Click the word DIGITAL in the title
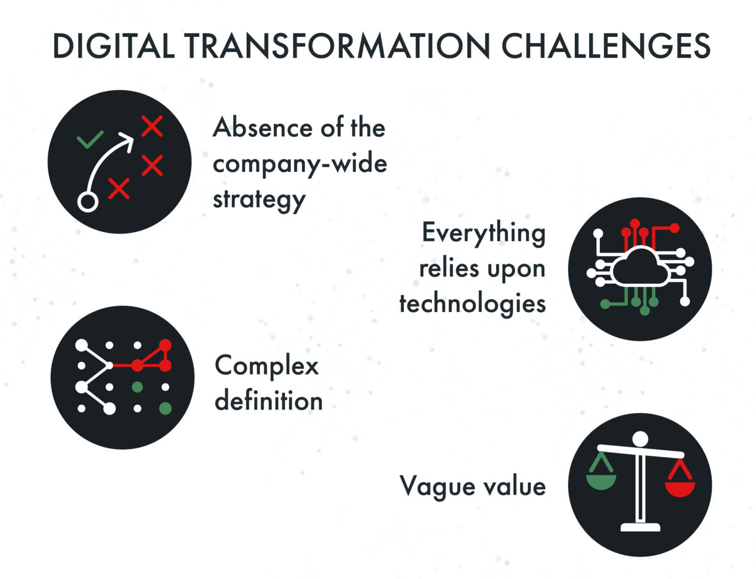(x=113, y=46)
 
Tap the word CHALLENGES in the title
(x=605, y=46)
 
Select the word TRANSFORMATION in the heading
(x=338, y=46)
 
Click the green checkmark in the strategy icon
(x=90, y=139)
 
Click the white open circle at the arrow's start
(x=88, y=201)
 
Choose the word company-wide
(x=300, y=163)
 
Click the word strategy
(x=259, y=200)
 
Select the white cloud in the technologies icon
(x=640, y=267)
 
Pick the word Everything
(x=484, y=233)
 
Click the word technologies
(x=472, y=304)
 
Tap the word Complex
(x=267, y=366)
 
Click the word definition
(x=269, y=401)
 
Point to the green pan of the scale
(x=601, y=481)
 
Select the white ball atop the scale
(x=640, y=439)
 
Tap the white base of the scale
(x=640, y=527)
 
